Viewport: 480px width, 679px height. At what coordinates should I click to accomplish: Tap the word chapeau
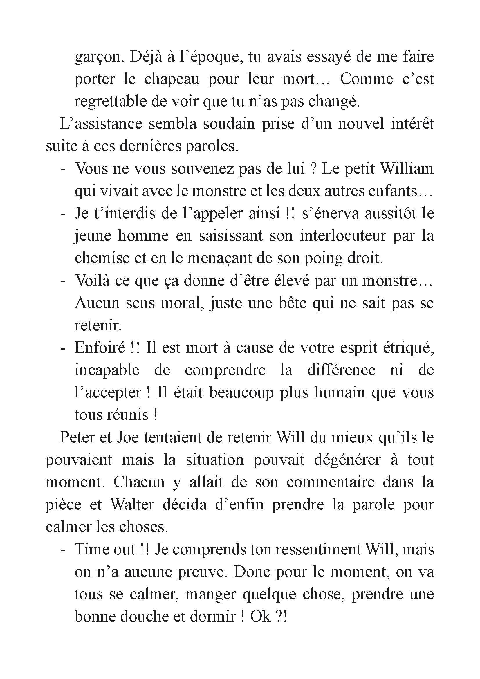pos(172,80)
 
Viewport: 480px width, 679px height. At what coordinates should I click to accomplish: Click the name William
pos(407,169)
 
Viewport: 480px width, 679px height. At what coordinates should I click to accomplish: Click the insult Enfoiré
pos(100,348)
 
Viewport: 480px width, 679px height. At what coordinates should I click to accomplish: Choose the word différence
pos(341,370)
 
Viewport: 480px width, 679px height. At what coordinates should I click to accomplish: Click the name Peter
pos(77,437)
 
